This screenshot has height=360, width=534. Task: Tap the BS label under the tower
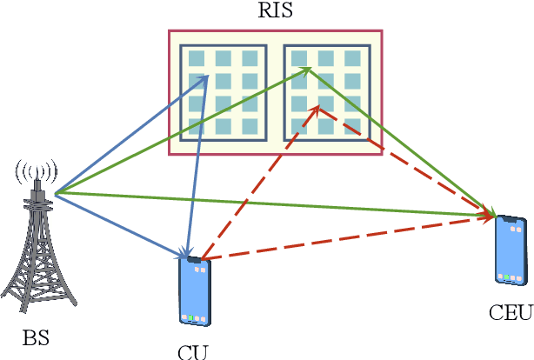coord(36,336)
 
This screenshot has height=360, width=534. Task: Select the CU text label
coord(192,352)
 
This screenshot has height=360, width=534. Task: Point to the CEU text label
coord(510,312)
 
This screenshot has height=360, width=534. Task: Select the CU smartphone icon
coord(194,291)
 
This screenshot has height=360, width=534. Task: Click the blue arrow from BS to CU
coord(122,225)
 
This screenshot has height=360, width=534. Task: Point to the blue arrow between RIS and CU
coord(197,165)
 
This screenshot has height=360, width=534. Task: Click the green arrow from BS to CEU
coord(278,204)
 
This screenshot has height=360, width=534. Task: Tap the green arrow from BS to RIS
coord(174,133)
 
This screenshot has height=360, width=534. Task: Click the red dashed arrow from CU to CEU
coord(348,237)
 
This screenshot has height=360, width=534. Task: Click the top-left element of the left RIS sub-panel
coord(197,59)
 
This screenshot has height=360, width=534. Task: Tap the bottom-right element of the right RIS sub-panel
coord(352,127)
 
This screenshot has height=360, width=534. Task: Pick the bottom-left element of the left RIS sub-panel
coord(197,127)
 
